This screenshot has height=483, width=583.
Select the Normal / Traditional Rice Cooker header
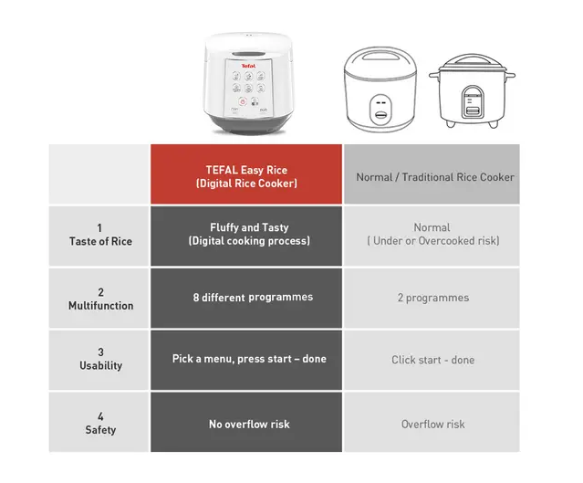tap(434, 176)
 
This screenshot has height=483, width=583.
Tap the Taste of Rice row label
tap(99, 236)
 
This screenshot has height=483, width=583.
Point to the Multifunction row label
tap(99, 299)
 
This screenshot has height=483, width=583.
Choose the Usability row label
tap(99, 360)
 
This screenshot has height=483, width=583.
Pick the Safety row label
tap(99, 424)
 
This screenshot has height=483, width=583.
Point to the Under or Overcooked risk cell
tap(432, 235)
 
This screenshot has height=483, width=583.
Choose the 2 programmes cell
tap(432, 298)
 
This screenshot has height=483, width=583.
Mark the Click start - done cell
tap(432, 360)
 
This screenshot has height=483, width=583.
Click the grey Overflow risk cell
tap(432, 425)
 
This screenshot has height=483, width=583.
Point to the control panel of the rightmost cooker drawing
tap(472, 100)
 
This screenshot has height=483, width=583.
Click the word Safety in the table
tap(100, 430)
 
